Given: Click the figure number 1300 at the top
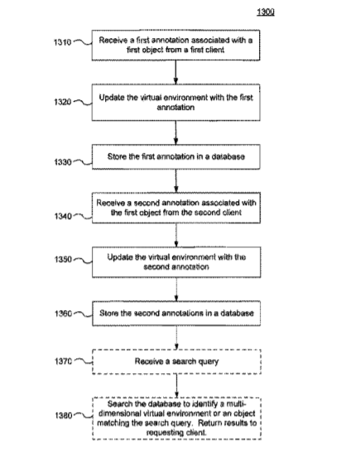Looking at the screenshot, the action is [x=266, y=12].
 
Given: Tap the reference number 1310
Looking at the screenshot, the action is [x=62, y=42].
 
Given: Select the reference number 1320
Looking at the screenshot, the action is [x=63, y=102].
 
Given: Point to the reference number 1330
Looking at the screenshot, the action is [x=63, y=162].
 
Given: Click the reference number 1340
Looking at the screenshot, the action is [x=63, y=216].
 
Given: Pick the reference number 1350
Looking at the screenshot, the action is [x=63, y=259].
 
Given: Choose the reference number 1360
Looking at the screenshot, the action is [x=64, y=314].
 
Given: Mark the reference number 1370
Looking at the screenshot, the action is [x=64, y=361].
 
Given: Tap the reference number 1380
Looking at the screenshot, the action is [x=64, y=415].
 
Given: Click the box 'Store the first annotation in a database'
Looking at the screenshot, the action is [x=176, y=156].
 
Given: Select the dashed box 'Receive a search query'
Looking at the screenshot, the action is [x=176, y=361].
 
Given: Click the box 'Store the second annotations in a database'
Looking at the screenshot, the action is [x=176, y=314].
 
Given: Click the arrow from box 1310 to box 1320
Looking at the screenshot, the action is [x=175, y=72].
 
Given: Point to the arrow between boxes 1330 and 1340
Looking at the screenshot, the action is [x=176, y=181].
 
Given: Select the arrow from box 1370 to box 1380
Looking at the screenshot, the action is [x=176, y=386].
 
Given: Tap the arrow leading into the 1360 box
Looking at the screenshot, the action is [x=176, y=290].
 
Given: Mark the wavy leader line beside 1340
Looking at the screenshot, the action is [x=83, y=216].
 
